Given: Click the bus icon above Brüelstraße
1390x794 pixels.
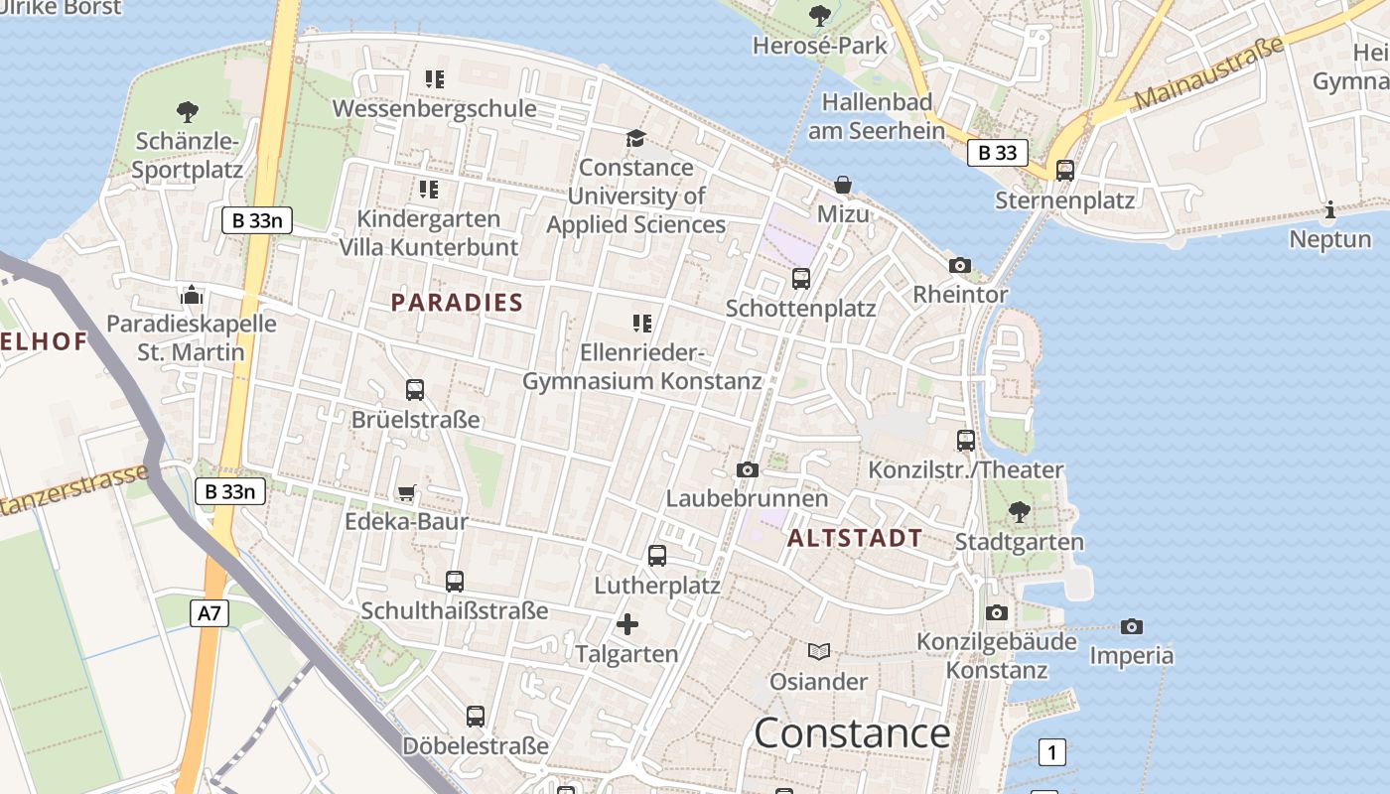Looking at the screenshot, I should tap(415, 390).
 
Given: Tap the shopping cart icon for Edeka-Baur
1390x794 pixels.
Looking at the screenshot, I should tap(406, 493).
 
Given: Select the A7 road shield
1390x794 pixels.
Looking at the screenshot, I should tap(208, 613).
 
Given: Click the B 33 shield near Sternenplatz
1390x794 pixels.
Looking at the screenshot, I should tap(997, 153).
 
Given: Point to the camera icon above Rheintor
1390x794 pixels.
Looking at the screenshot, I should tap(959, 265).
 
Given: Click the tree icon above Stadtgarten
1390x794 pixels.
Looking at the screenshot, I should tap(1019, 513).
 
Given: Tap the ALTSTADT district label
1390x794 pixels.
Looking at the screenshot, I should tap(855, 539).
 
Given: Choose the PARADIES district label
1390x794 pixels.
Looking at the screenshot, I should tap(457, 303).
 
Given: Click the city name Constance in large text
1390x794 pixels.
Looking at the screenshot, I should tap(852, 733).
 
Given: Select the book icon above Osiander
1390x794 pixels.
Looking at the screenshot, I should tap(819, 652).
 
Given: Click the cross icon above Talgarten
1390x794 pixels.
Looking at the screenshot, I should tap(627, 624).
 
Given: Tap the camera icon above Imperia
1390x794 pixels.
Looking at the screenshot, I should tap(1131, 626).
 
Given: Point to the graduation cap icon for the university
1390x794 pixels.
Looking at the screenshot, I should tap(635, 138).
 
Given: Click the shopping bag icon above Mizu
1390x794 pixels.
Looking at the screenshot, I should tap(843, 185).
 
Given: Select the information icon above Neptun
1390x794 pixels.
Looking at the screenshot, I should tap(1329, 209).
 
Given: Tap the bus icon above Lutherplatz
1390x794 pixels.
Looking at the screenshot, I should tap(657, 556).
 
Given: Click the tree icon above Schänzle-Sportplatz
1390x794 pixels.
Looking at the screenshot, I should tap(187, 111).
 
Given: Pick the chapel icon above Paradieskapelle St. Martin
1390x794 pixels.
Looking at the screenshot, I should tap(191, 295).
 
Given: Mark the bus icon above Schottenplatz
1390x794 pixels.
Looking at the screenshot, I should tap(801, 279).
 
